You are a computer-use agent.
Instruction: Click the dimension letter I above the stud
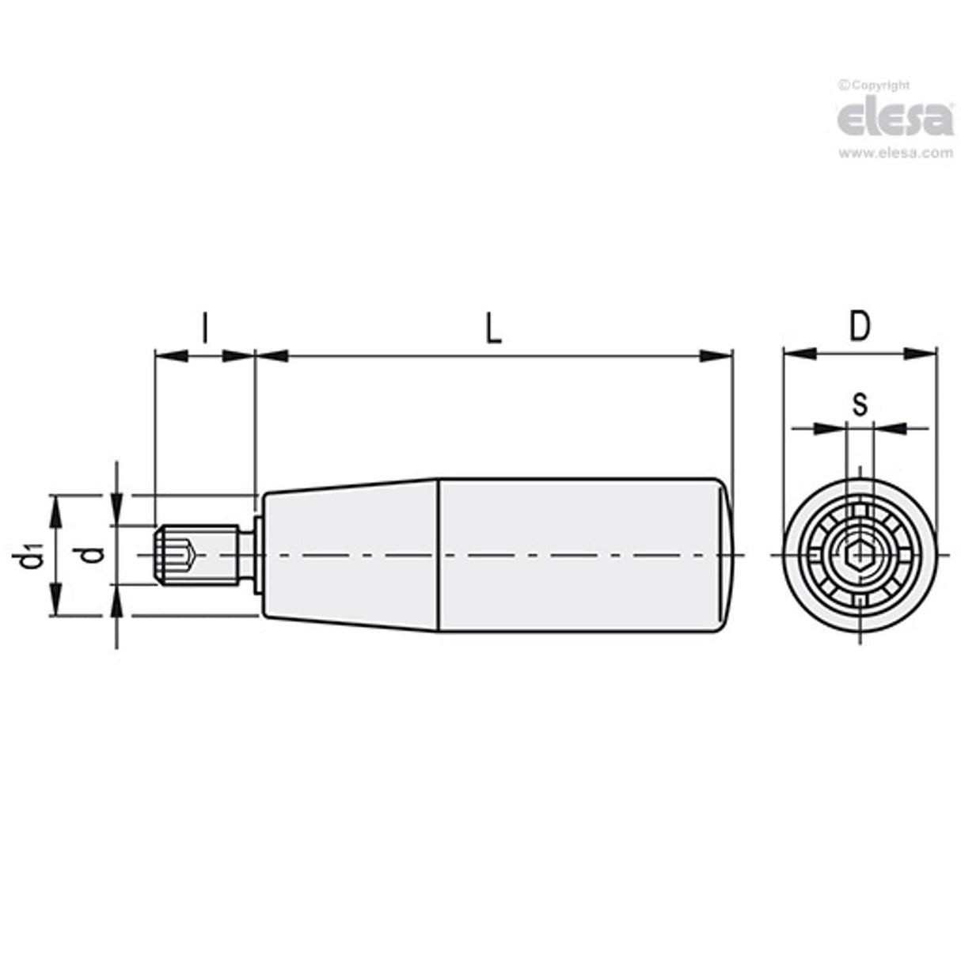(204, 327)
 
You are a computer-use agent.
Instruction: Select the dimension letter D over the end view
(859, 325)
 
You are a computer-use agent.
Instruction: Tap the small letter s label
(859, 405)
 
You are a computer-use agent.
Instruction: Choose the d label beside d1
(93, 555)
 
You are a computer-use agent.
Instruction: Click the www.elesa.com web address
(895, 153)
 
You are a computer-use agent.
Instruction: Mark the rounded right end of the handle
(724, 555)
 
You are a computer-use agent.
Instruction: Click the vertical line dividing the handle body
(439, 555)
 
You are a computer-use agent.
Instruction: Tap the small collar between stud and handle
(258, 555)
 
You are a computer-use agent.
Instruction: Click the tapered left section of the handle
(348, 555)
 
